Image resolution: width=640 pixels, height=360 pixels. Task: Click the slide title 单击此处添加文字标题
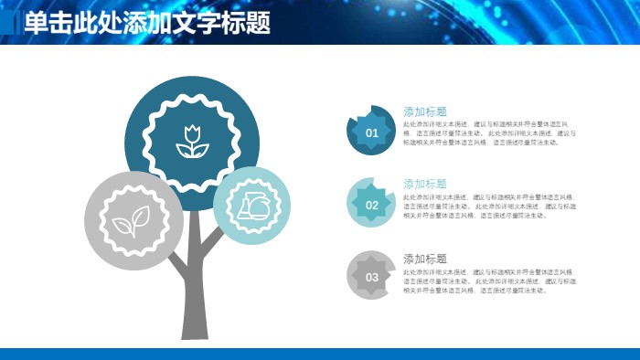(x=147, y=23)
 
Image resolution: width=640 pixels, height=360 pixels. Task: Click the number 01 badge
(x=371, y=132)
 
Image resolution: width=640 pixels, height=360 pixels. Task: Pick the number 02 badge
(x=371, y=205)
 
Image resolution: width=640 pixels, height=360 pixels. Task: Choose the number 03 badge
(x=371, y=277)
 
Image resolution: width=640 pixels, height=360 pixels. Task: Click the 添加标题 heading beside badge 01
(x=425, y=111)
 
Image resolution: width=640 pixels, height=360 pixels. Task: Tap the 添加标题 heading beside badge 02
(x=425, y=184)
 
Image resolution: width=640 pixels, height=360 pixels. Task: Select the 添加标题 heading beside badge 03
(x=425, y=259)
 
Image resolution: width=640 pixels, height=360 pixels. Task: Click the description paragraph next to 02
(x=489, y=206)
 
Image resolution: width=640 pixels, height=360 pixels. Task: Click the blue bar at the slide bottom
(x=320, y=354)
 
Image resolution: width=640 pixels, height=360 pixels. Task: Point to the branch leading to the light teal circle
(x=212, y=239)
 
